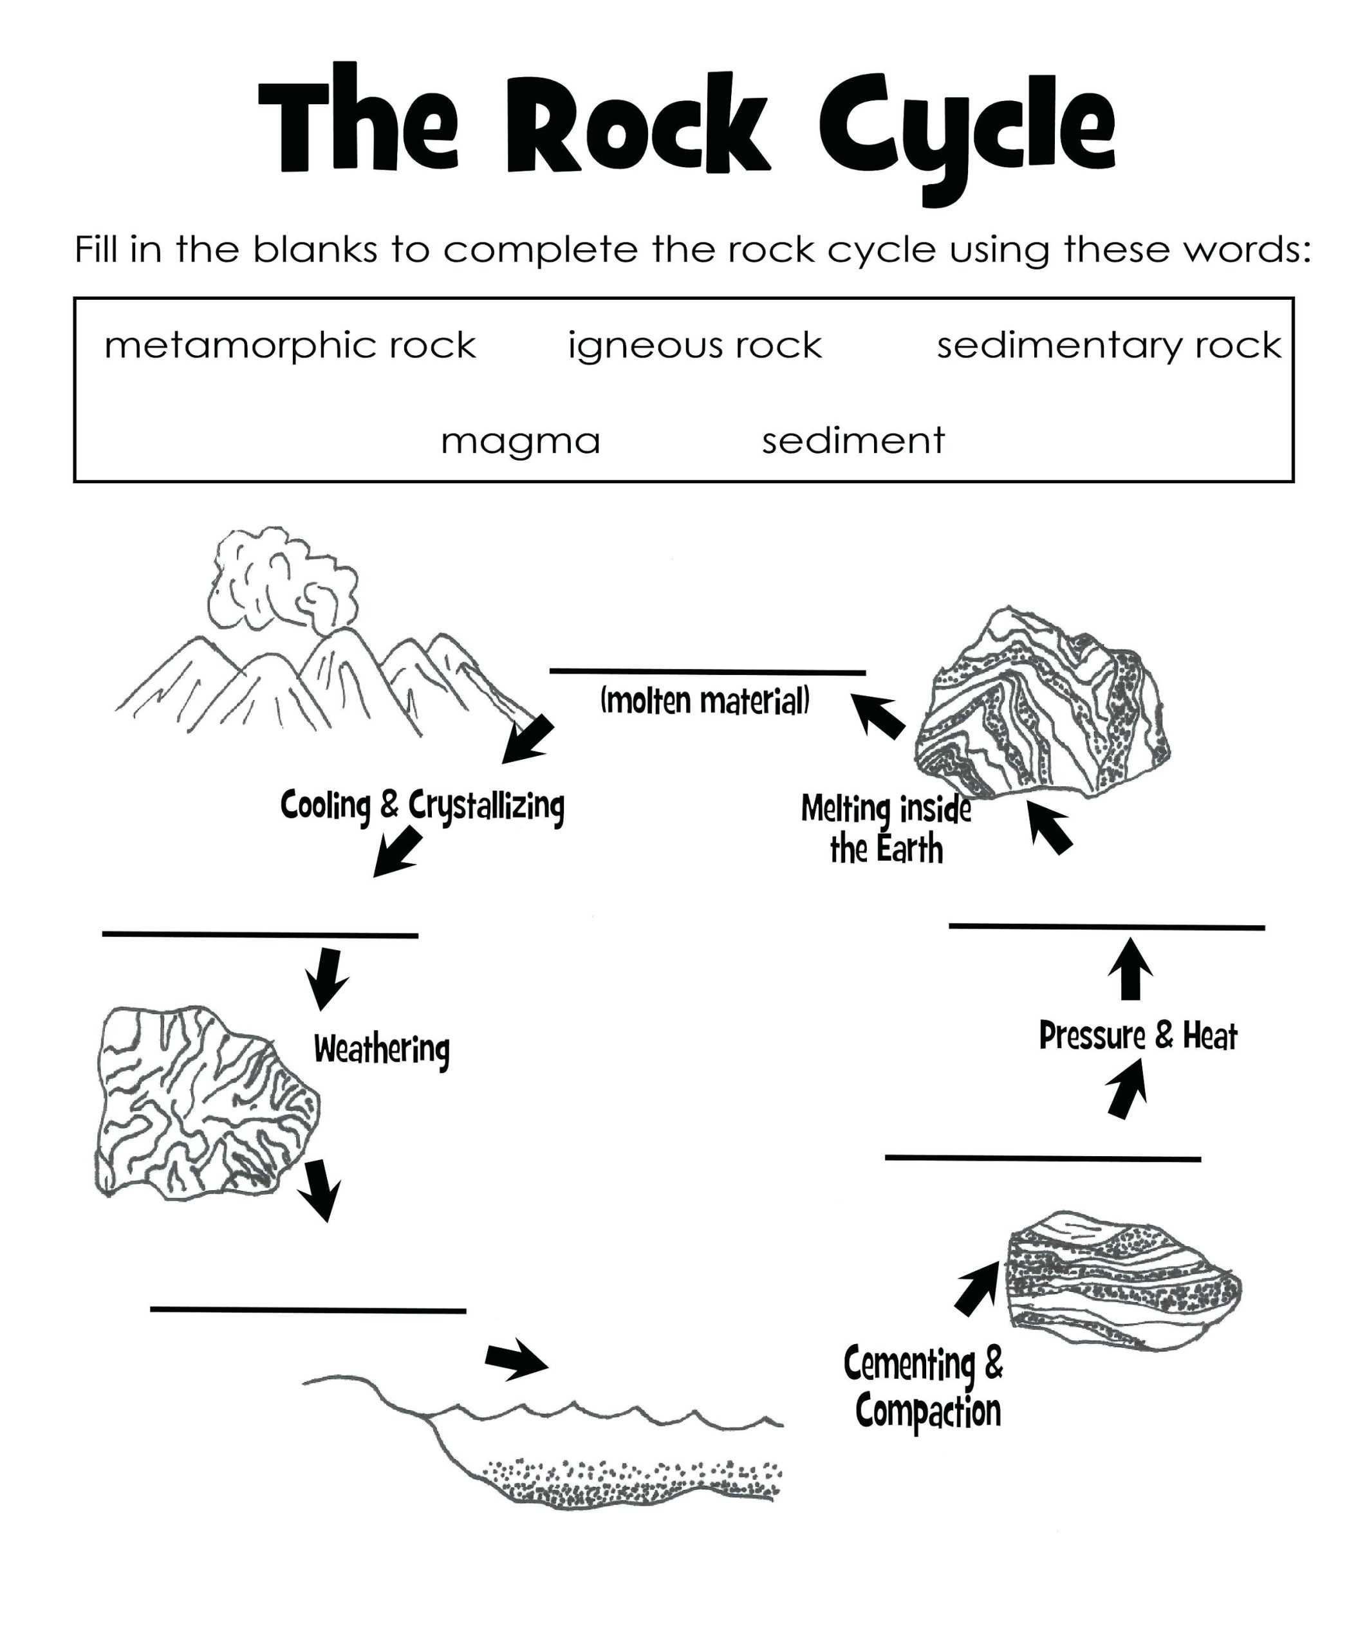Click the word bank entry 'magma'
(520, 442)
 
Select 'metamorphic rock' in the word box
(290, 345)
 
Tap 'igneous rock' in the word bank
(694, 345)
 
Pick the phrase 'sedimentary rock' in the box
(1108, 345)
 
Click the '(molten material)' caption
(704, 701)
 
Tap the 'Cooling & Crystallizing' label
(422, 805)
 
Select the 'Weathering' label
(381, 1049)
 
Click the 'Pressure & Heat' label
(1137, 1036)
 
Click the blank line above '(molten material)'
(707, 672)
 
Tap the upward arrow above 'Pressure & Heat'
(1130, 970)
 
